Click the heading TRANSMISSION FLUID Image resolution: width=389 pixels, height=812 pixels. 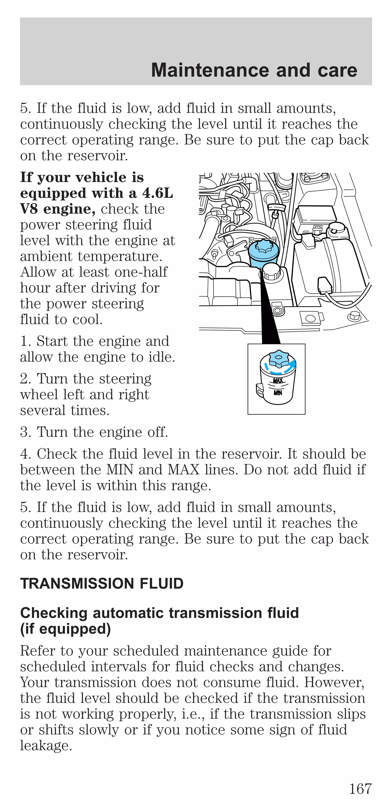point(102,584)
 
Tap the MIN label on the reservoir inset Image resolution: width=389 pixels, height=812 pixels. point(278,393)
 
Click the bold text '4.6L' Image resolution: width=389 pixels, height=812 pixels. point(157,193)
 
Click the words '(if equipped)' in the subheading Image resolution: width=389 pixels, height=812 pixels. point(65,629)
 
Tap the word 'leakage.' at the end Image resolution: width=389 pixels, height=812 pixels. point(46,746)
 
